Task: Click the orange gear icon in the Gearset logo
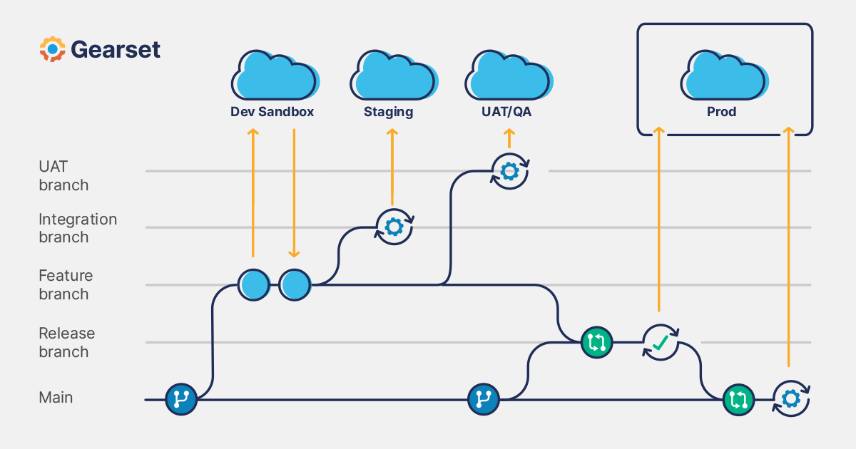pos(52,49)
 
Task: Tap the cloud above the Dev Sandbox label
pos(274,76)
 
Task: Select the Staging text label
pos(389,112)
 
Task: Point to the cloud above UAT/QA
pos(507,76)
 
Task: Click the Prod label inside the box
pos(721,112)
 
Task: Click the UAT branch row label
pos(63,175)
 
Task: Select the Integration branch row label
pos(77,228)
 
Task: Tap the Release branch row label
pos(66,342)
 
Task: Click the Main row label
pos(56,397)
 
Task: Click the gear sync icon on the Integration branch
pos(394,227)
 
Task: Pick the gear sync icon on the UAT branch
pos(509,171)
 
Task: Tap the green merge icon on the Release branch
pos(596,342)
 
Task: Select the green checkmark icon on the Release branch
pos(660,343)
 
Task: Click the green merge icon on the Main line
pos(738,399)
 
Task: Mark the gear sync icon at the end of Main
pos(790,398)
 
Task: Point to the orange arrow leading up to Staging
pos(392,167)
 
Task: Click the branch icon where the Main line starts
pos(181,399)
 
